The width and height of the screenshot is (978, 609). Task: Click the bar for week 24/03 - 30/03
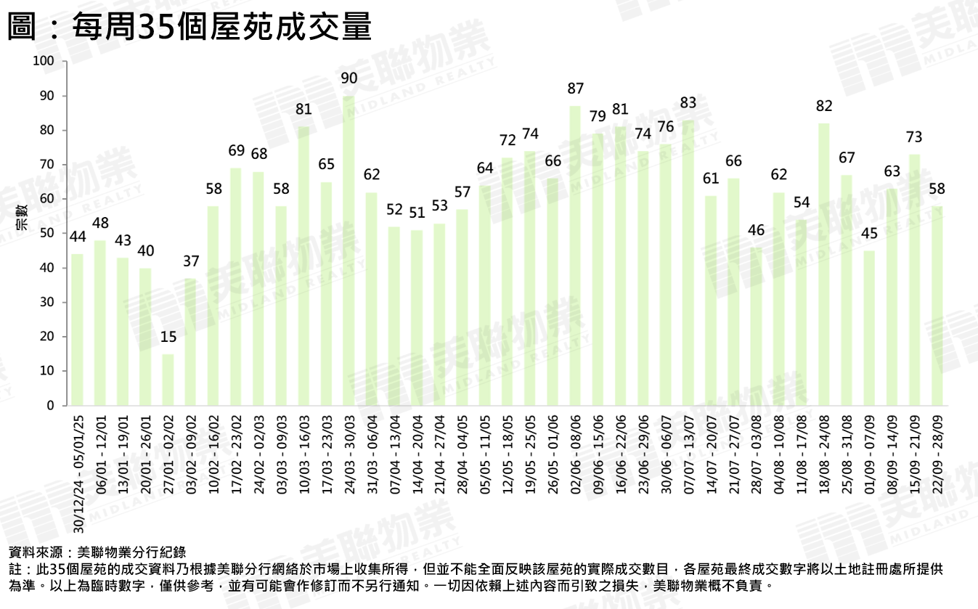(x=349, y=250)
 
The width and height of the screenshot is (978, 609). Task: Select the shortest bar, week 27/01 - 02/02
(x=168, y=380)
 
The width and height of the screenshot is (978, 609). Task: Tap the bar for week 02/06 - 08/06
(x=575, y=256)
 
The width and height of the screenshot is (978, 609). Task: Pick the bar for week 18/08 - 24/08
(x=824, y=264)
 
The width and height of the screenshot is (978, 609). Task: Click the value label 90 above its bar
(x=349, y=78)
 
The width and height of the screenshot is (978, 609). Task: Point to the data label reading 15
(x=168, y=337)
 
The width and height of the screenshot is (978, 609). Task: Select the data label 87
(x=575, y=89)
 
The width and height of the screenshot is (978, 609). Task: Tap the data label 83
(x=688, y=102)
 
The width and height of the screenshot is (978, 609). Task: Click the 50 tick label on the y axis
(x=47, y=233)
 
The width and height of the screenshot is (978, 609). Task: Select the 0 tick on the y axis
(x=51, y=406)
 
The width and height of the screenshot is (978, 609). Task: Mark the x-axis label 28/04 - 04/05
(x=462, y=454)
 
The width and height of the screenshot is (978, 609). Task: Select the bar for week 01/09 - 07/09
(x=869, y=328)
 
